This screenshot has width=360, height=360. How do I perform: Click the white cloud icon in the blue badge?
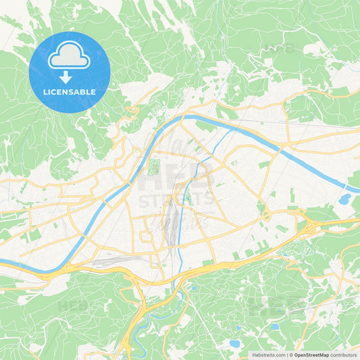[x=69, y=57]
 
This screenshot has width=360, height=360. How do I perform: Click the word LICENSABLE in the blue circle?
[x=69, y=92]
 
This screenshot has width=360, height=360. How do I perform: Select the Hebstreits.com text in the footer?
[x=267, y=355]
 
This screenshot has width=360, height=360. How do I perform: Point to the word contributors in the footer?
[x=344, y=355]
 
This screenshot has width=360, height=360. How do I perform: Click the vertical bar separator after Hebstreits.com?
[x=287, y=355]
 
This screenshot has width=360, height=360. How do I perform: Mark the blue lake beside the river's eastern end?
[x=345, y=199]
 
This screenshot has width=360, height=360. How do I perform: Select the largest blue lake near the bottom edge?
[x=235, y=343]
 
